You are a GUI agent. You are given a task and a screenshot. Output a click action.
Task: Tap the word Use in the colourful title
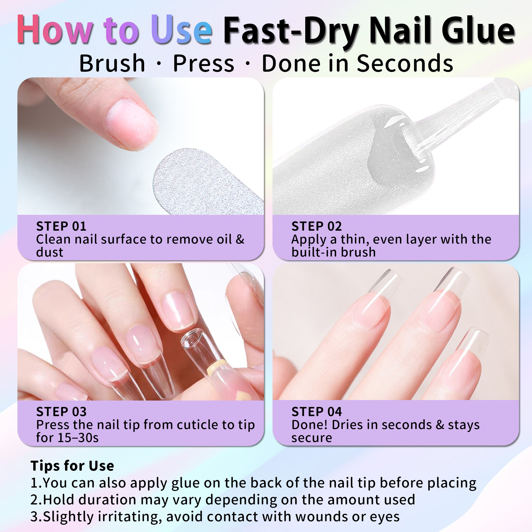click(182, 30)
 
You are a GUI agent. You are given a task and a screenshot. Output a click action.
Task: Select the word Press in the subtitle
click(203, 63)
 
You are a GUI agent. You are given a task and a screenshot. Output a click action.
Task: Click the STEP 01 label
click(61, 226)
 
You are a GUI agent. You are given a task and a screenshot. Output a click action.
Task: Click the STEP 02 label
click(316, 226)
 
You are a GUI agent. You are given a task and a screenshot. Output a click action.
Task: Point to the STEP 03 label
click(61, 412)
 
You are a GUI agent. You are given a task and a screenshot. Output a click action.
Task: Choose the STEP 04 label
click(316, 412)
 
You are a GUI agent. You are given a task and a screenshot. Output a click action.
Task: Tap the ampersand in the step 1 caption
click(240, 239)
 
